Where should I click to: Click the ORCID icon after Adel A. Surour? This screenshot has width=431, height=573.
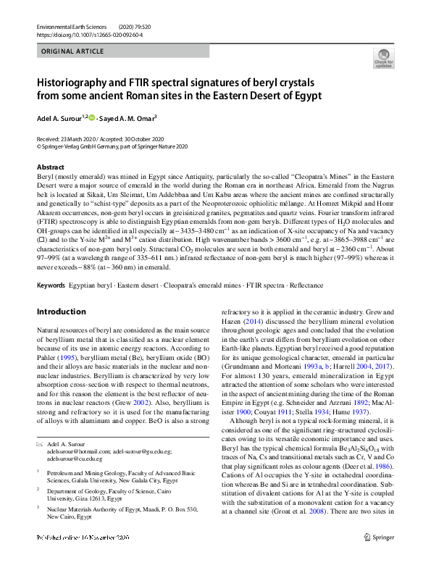(92, 117)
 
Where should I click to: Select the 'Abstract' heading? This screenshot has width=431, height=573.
(50, 167)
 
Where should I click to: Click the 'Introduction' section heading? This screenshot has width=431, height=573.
(61, 311)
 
